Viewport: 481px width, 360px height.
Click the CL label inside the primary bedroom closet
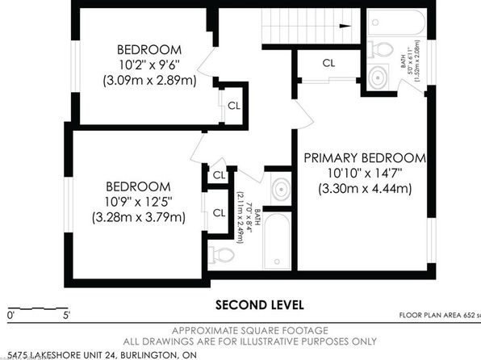tap(328, 62)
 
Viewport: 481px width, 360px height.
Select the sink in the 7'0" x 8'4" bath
tap(280, 191)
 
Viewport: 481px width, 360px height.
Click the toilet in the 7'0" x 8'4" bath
tap(223, 256)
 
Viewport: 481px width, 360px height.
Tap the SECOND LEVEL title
tap(259, 304)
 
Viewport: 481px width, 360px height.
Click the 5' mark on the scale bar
tap(66, 315)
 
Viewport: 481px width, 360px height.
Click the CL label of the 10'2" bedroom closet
tap(232, 105)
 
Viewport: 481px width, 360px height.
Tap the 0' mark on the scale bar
tap(10, 315)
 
